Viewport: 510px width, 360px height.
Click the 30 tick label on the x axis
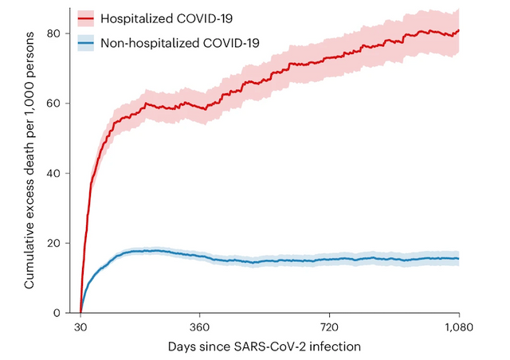pyautogui.click(x=80, y=327)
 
